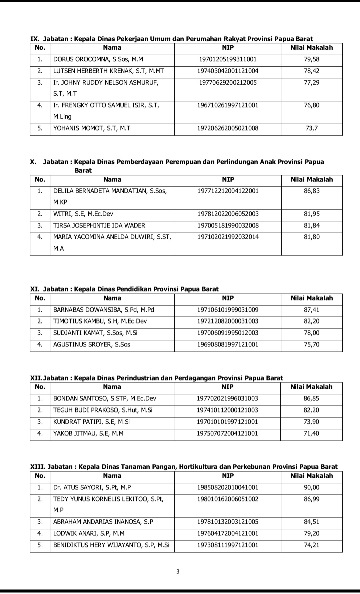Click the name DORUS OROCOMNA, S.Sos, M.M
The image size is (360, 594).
click(98, 59)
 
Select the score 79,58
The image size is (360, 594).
click(311, 59)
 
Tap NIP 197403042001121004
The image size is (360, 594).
click(228, 71)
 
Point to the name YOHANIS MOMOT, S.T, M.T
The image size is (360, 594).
click(92, 128)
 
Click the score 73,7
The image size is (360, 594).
click(311, 128)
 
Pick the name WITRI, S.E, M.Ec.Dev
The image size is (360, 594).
click(83, 214)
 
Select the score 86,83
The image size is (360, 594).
click(312, 191)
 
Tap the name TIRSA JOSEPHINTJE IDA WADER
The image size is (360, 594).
click(99, 226)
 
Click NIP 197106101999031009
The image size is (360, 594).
click(228, 310)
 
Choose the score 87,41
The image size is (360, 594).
click(312, 310)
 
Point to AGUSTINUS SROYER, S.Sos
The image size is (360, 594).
click(92, 344)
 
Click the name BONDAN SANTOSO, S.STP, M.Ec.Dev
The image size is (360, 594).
click(104, 398)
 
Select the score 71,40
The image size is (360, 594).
click(311, 433)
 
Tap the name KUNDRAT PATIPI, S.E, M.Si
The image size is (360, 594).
click(91, 422)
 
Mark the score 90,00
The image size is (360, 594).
click(311, 487)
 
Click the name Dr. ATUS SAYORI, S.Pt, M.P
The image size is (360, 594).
click(92, 487)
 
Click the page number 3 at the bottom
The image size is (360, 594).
click(178, 572)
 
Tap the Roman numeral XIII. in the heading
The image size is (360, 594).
click(38, 467)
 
